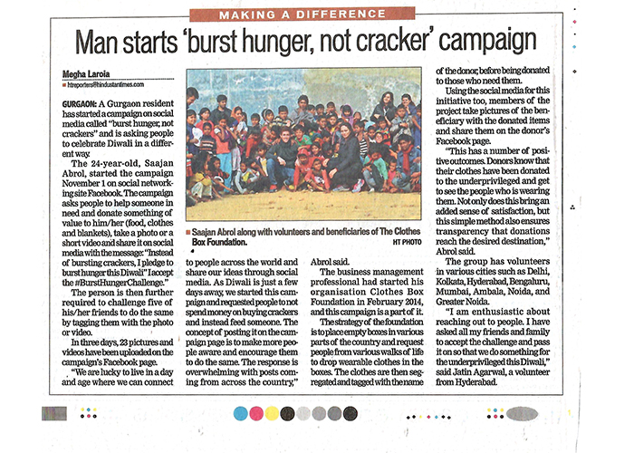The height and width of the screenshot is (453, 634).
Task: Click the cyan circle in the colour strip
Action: pyautogui.click(x=241, y=412)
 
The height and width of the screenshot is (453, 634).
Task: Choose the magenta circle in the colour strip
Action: pyautogui.click(x=257, y=412)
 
